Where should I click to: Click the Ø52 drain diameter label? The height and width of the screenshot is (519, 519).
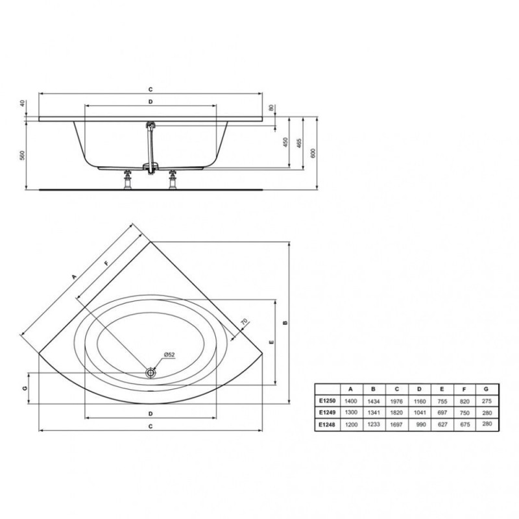pos(169,354)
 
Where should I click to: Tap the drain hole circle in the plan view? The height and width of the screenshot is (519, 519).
pos(151,372)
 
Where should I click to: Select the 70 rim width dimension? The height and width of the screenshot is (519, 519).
pos(244,321)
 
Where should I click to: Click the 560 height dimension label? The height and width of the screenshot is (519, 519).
pos(22,155)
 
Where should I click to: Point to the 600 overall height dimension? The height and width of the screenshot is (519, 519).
pos(313,153)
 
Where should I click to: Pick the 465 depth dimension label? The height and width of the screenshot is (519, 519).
pos(299,143)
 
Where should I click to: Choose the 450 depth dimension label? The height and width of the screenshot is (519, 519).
pos(285,142)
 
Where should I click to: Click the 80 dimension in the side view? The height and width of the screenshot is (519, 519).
pos(271,108)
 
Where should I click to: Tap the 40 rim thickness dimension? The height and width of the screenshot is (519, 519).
pos(22,103)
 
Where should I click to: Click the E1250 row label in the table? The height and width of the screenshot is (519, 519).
pos(328,400)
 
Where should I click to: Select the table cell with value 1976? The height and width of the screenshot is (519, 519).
pos(396,401)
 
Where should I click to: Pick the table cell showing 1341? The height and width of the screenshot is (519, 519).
pos(374,413)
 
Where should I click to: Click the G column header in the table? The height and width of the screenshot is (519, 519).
pos(486,389)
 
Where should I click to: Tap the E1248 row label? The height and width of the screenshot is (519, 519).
pos(328,424)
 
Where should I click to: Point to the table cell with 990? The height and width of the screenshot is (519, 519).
pos(420,424)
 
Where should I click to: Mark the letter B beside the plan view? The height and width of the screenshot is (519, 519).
pos(285,322)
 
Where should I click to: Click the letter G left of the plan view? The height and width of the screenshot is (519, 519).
pos(25,388)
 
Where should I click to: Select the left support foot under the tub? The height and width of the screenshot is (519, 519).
pos(127,180)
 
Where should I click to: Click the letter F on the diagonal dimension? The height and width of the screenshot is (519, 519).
pos(106,263)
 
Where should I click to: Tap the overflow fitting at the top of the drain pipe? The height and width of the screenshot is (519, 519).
pos(151,126)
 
